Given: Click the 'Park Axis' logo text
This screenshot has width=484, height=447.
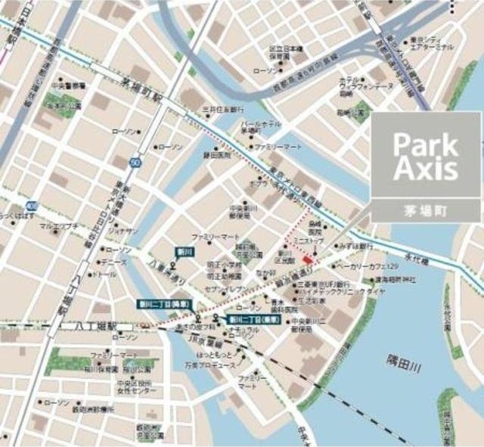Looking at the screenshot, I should [x=427, y=157].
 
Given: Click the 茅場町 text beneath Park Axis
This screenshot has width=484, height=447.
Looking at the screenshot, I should [x=426, y=212].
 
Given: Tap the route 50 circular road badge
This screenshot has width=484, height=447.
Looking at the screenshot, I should [x=135, y=163].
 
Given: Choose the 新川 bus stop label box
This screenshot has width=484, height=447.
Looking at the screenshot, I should [x=174, y=251].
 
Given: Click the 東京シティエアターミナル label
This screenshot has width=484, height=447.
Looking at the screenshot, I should [x=430, y=43].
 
